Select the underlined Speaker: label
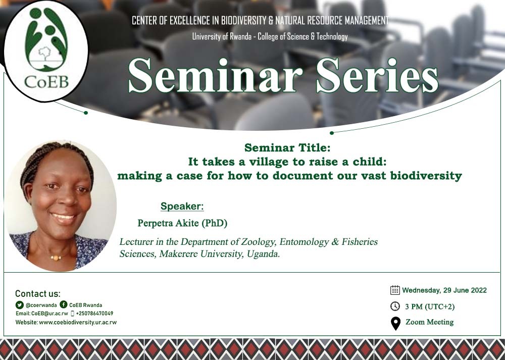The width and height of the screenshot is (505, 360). coord(182,206)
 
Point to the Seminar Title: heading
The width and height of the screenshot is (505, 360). coord(287,148)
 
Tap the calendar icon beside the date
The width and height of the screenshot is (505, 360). coord(395,290)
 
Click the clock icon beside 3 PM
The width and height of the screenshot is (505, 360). coord(395,306)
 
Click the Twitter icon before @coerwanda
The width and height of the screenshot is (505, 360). coord(20,305)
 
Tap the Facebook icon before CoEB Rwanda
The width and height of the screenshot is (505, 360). coord(64,304)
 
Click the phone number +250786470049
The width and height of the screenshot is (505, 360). coord(94,314)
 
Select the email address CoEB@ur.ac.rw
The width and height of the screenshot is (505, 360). coord(49,314)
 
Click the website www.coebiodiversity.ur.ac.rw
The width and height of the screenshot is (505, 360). coord(77,322)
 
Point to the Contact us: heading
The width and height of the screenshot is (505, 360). coord(37,294)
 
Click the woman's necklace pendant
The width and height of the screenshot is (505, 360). coord(55,258)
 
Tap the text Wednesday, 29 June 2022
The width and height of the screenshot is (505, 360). coord(444,290)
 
